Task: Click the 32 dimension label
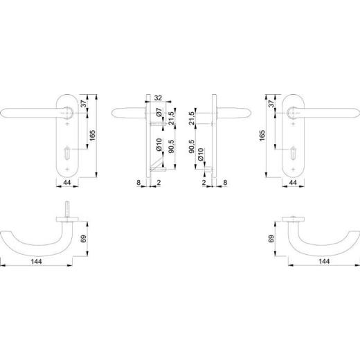click(158, 98)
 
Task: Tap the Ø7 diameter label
click(159, 112)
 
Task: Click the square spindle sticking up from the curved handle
click(67, 210)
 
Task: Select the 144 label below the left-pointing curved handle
click(37, 262)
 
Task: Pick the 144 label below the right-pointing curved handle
click(324, 262)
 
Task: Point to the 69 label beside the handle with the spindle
click(84, 239)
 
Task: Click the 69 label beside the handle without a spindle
click(271, 239)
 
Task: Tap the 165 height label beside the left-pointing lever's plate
click(92, 136)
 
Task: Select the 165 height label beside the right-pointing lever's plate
click(262, 136)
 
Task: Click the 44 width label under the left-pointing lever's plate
click(67, 183)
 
